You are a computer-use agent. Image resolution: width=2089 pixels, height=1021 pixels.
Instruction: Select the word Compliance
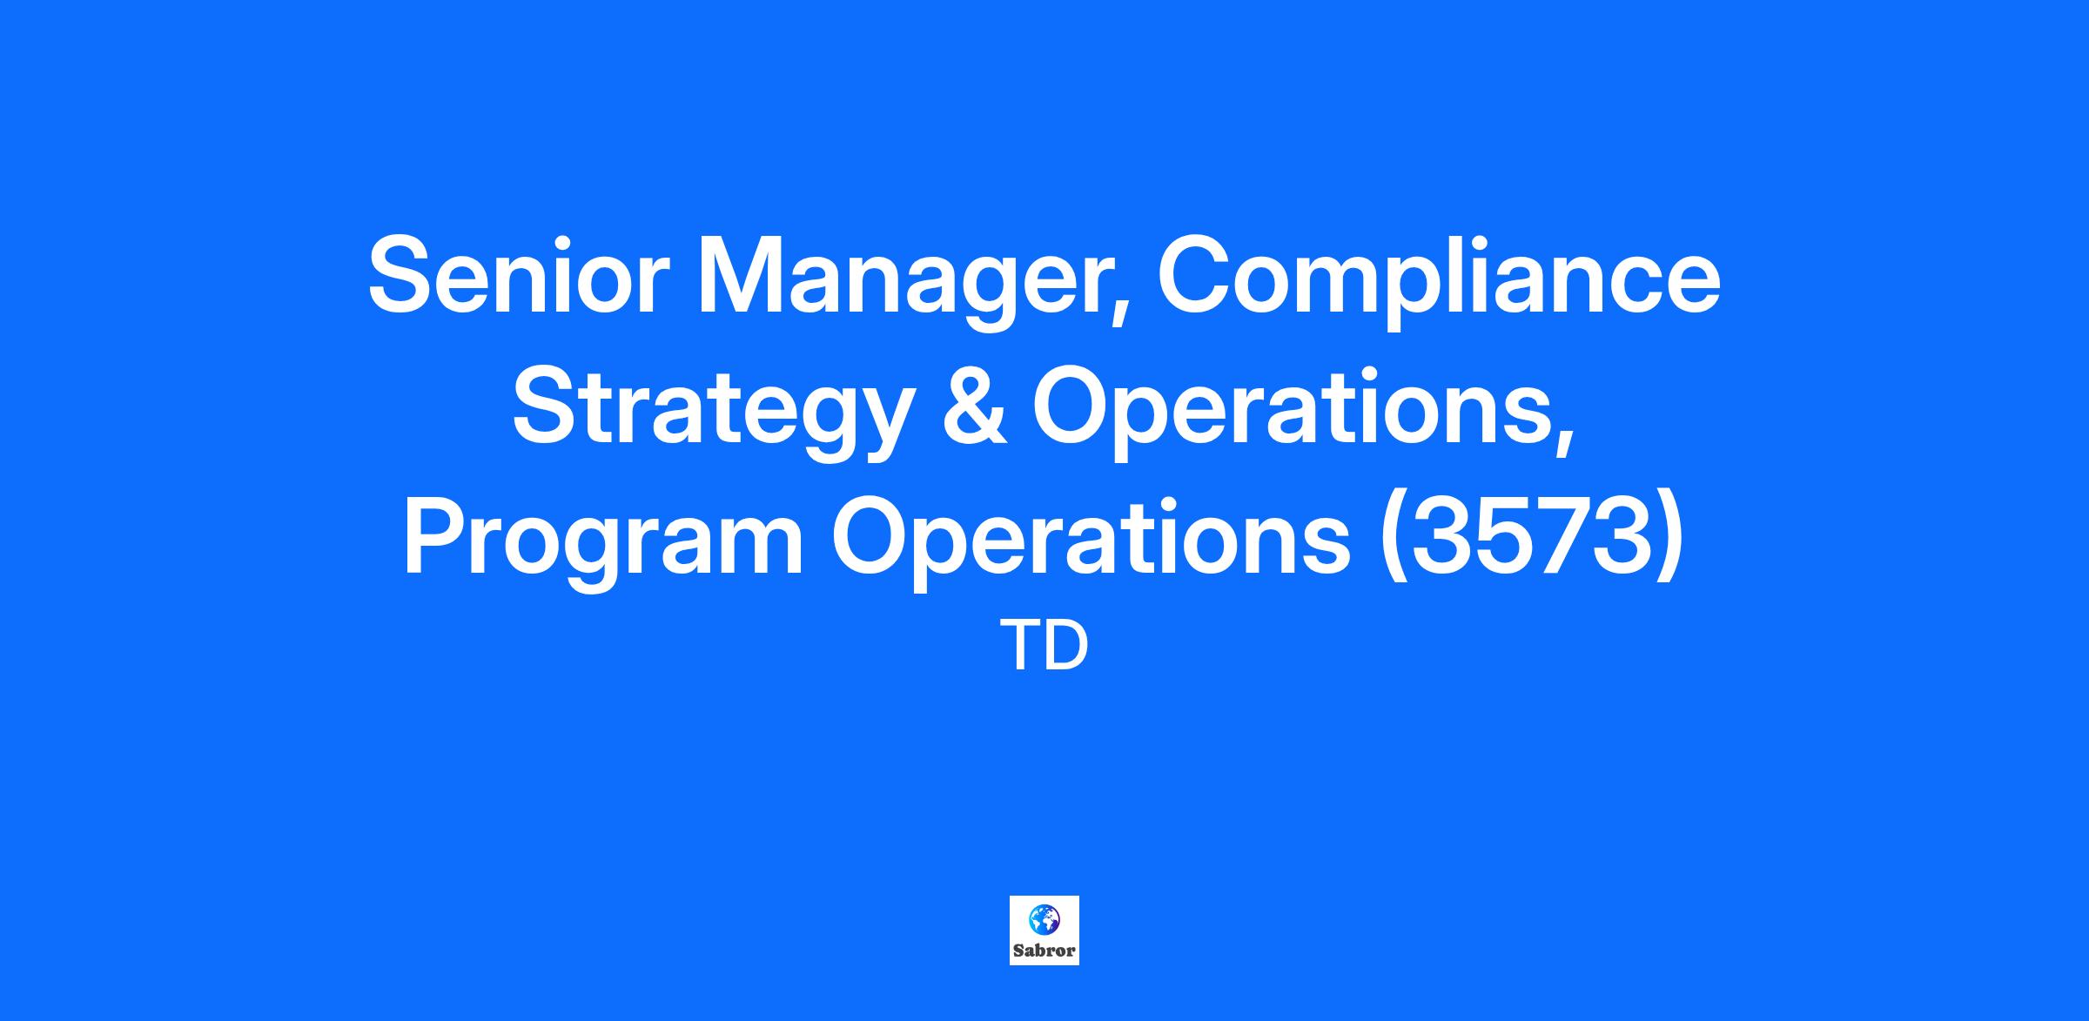coord(1439,284)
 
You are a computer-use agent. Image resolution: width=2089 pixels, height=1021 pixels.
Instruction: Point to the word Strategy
coord(712,414)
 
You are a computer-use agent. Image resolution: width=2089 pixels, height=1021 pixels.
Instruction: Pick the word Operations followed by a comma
coord(1304,414)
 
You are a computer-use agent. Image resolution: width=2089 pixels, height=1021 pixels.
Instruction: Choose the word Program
coord(603,545)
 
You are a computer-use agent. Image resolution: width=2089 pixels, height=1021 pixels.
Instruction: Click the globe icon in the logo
coord(1044,918)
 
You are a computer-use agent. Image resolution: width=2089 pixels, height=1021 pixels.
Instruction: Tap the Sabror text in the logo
coord(1044,950)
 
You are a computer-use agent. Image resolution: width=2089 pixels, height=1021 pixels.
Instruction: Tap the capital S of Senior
coord(399,275)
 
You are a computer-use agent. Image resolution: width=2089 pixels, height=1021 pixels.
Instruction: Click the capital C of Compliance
coord(1192,275)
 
